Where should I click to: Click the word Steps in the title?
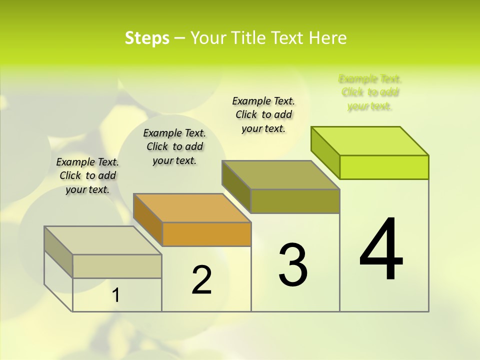click(x=147, y=38)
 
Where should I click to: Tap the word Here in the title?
click(x=328, y=38)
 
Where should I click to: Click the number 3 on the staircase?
click(x=293, y=264)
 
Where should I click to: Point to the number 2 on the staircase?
click(x=201, y=280)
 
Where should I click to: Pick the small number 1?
click(x=115, y=295)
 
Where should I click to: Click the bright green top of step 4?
click(x=370, y=141)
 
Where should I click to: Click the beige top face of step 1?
click(x=103, y=240)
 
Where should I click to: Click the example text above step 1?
click(x=87, y=175)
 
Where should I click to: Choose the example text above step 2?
click(x=174, y=146)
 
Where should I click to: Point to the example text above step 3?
click(x=263, y=114)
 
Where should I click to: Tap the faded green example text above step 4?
click(x=370, y=92)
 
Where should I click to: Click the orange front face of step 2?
click(x=207, y=234)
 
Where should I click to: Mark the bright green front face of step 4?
click(x=384, y=167)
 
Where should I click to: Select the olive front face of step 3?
click(x=295, y=201)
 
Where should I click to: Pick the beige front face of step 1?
click(x=117, y=266)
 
